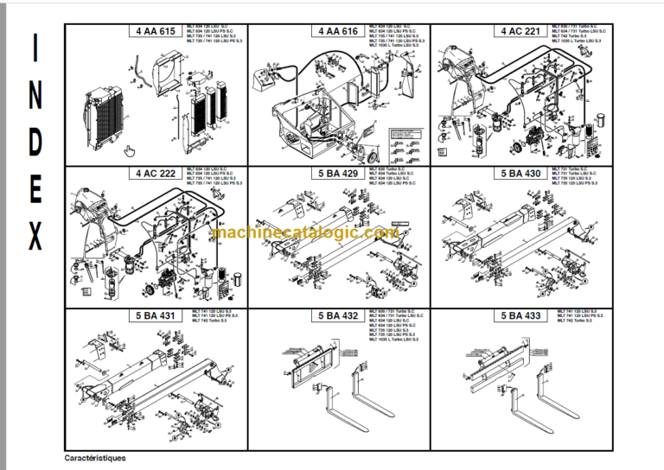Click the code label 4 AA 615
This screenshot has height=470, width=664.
[x=155, y=31]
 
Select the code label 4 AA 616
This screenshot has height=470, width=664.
[x=338, y=31]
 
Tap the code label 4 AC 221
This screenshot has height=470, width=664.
[x=521, y=31]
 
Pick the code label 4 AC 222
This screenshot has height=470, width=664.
[x=155, y=174]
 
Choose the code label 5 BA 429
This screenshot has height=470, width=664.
[x=338, y=174]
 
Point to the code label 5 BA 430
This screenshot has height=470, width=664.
[x=521, y=174]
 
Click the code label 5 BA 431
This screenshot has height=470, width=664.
[x=155, y=316]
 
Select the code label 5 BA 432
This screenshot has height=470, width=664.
[x=338, y=316]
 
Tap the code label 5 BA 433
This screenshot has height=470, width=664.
[x=521, y=316]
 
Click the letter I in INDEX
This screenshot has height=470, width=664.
[x=35, y=49]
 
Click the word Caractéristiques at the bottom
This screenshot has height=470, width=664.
[x=95, y=457]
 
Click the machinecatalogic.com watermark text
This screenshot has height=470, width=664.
[x=305, y=233]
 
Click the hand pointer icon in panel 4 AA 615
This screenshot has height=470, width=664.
[x=129, y=152]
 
